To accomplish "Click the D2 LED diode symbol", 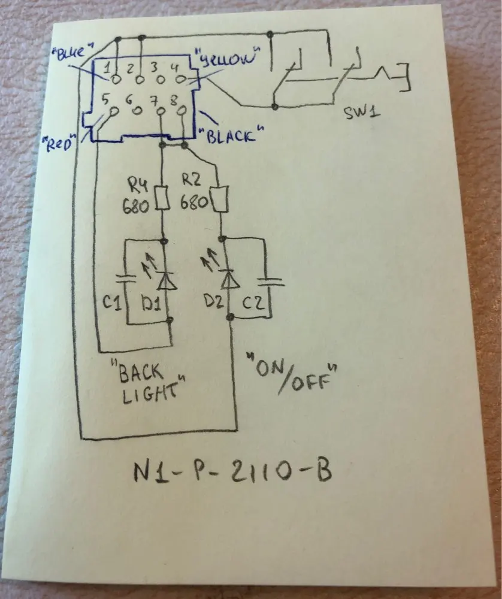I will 226,279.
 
